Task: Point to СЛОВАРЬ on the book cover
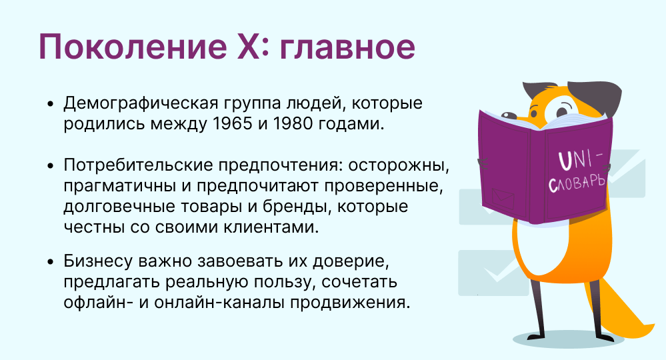tap(577, 181)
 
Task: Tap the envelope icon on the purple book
tap(501, 198)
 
